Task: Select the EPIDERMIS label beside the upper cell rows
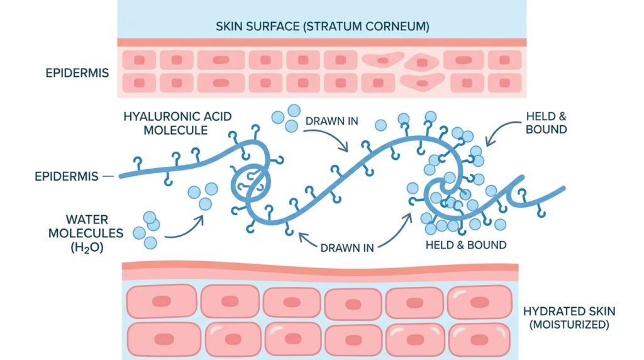[77, 73]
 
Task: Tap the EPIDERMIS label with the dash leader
[67, 176]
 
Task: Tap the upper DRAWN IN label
[332, 121]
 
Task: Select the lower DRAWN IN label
[347, 248]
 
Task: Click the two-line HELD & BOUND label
[547, 123]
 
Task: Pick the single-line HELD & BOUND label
[466, 245]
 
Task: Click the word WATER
[87, 220]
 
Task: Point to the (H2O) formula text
[87, 248]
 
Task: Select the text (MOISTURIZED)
[569, 325]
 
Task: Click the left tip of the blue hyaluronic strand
[121, 176]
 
